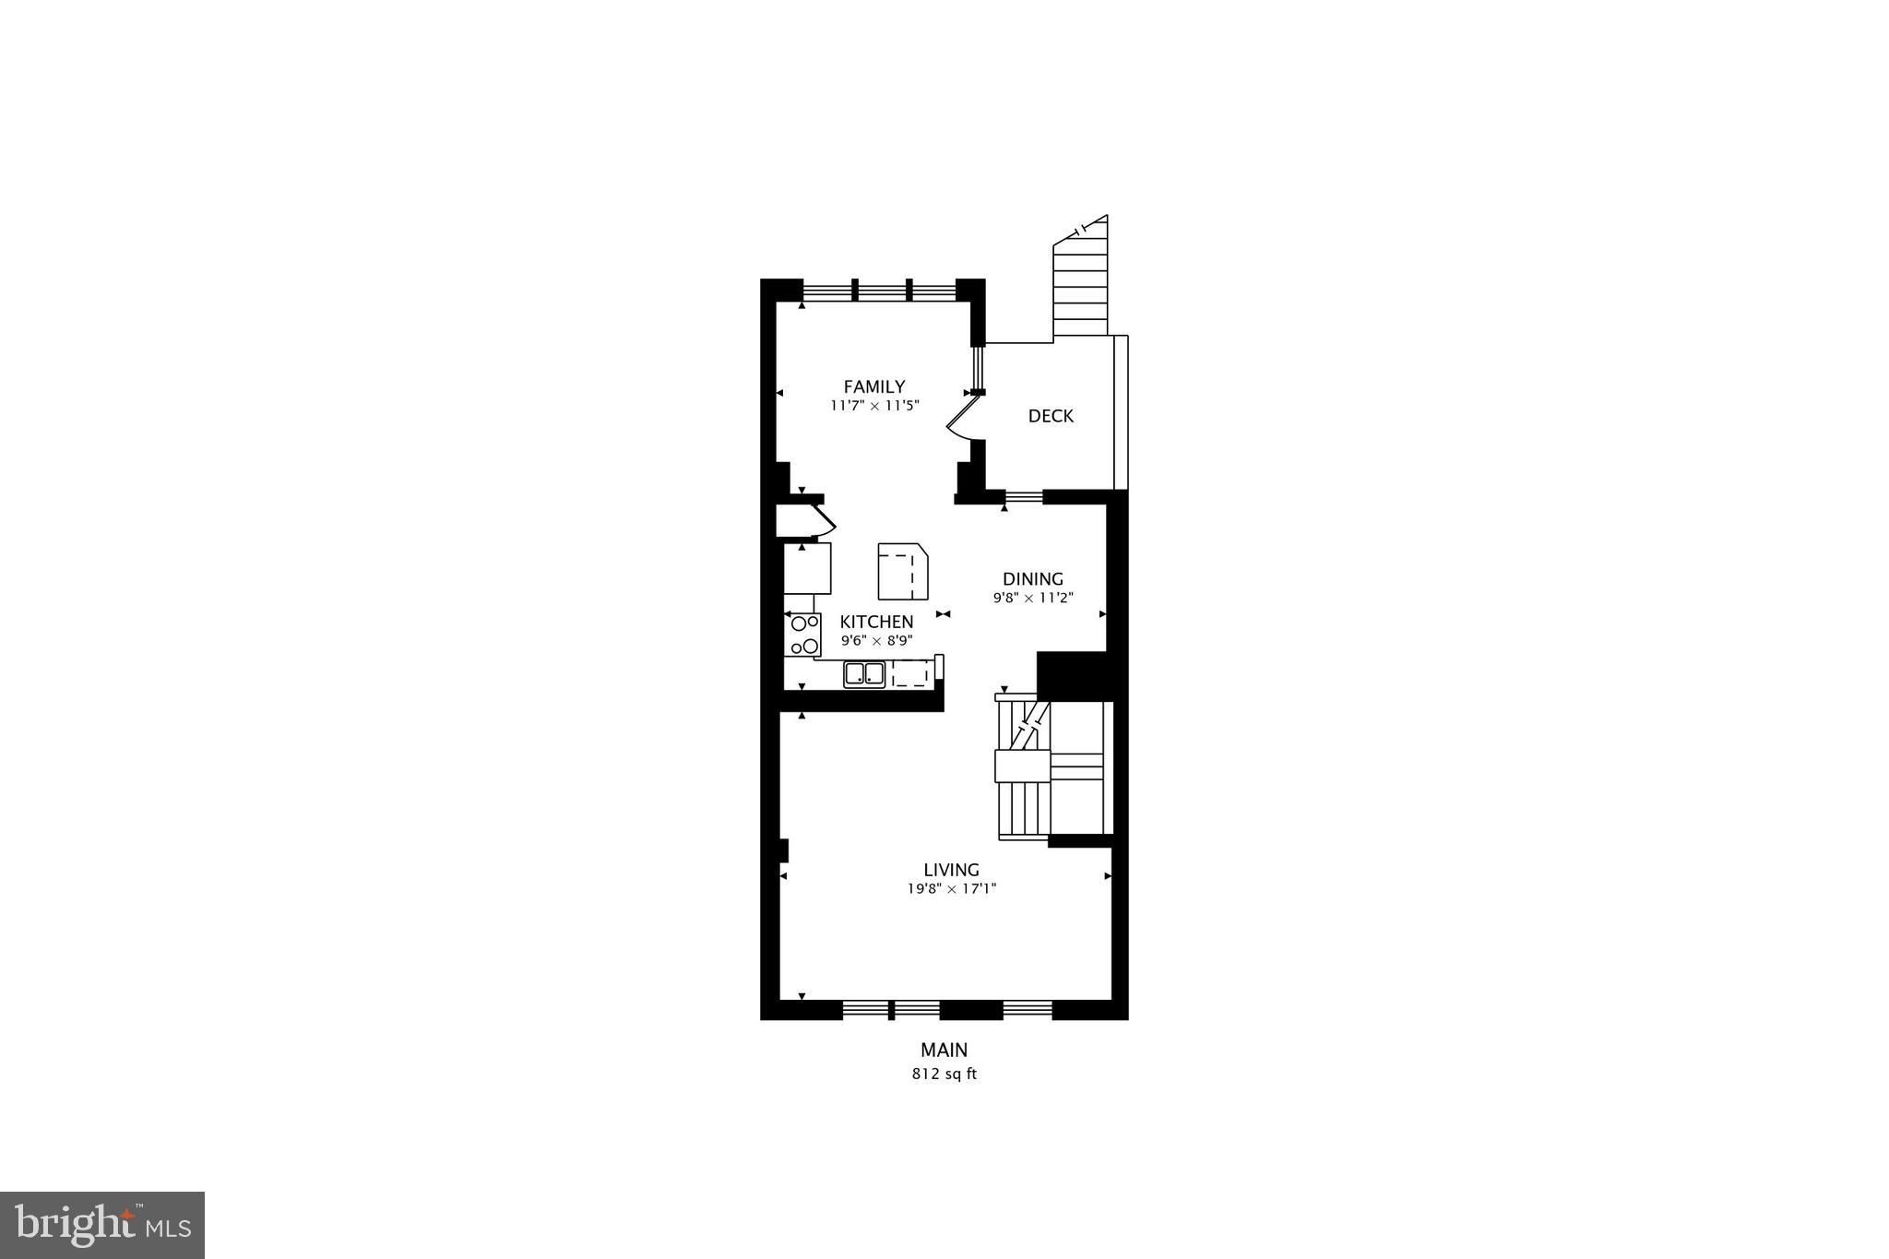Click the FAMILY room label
coord(873,386)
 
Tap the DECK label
coord(1051,416)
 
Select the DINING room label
coord(1033,579)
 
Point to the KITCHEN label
coord(876,622)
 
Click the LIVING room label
coord(951,870)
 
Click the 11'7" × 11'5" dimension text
coord(874,406)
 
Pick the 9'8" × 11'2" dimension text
coord(1033,598)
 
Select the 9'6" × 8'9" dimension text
coord(876,640)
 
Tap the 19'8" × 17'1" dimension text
coord(952,889)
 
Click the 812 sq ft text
coord(944,1074)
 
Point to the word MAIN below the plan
coord(944,1050)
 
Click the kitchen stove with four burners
coord(802,635)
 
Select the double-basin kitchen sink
coord(864,674)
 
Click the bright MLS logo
coord(102,1225)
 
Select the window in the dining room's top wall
coord(1023,498)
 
